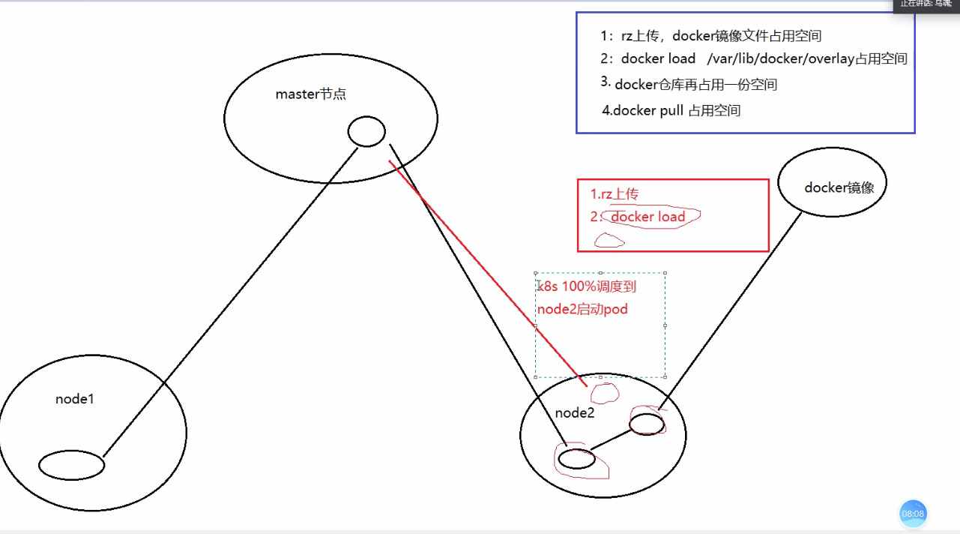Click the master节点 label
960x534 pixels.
coord(311,94)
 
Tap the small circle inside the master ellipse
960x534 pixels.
coord(366,132)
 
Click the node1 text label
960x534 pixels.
coord(75,399)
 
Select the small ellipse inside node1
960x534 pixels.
coord(71,465)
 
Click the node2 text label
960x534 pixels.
coord(575,413)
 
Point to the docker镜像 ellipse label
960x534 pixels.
coord(839,187)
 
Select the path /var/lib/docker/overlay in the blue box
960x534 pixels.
coord(780,58)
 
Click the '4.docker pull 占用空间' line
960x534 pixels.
coord(671,110)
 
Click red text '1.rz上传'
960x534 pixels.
coord(615,194)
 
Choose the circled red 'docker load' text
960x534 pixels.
coord(648,217)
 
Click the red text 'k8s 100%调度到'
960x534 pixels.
coord(588,286)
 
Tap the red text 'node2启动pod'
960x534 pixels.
coord(582,309)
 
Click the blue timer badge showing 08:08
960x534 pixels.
coord(913,514)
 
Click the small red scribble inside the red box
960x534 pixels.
coord(609,241)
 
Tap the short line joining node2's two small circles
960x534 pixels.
coord(612,440)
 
